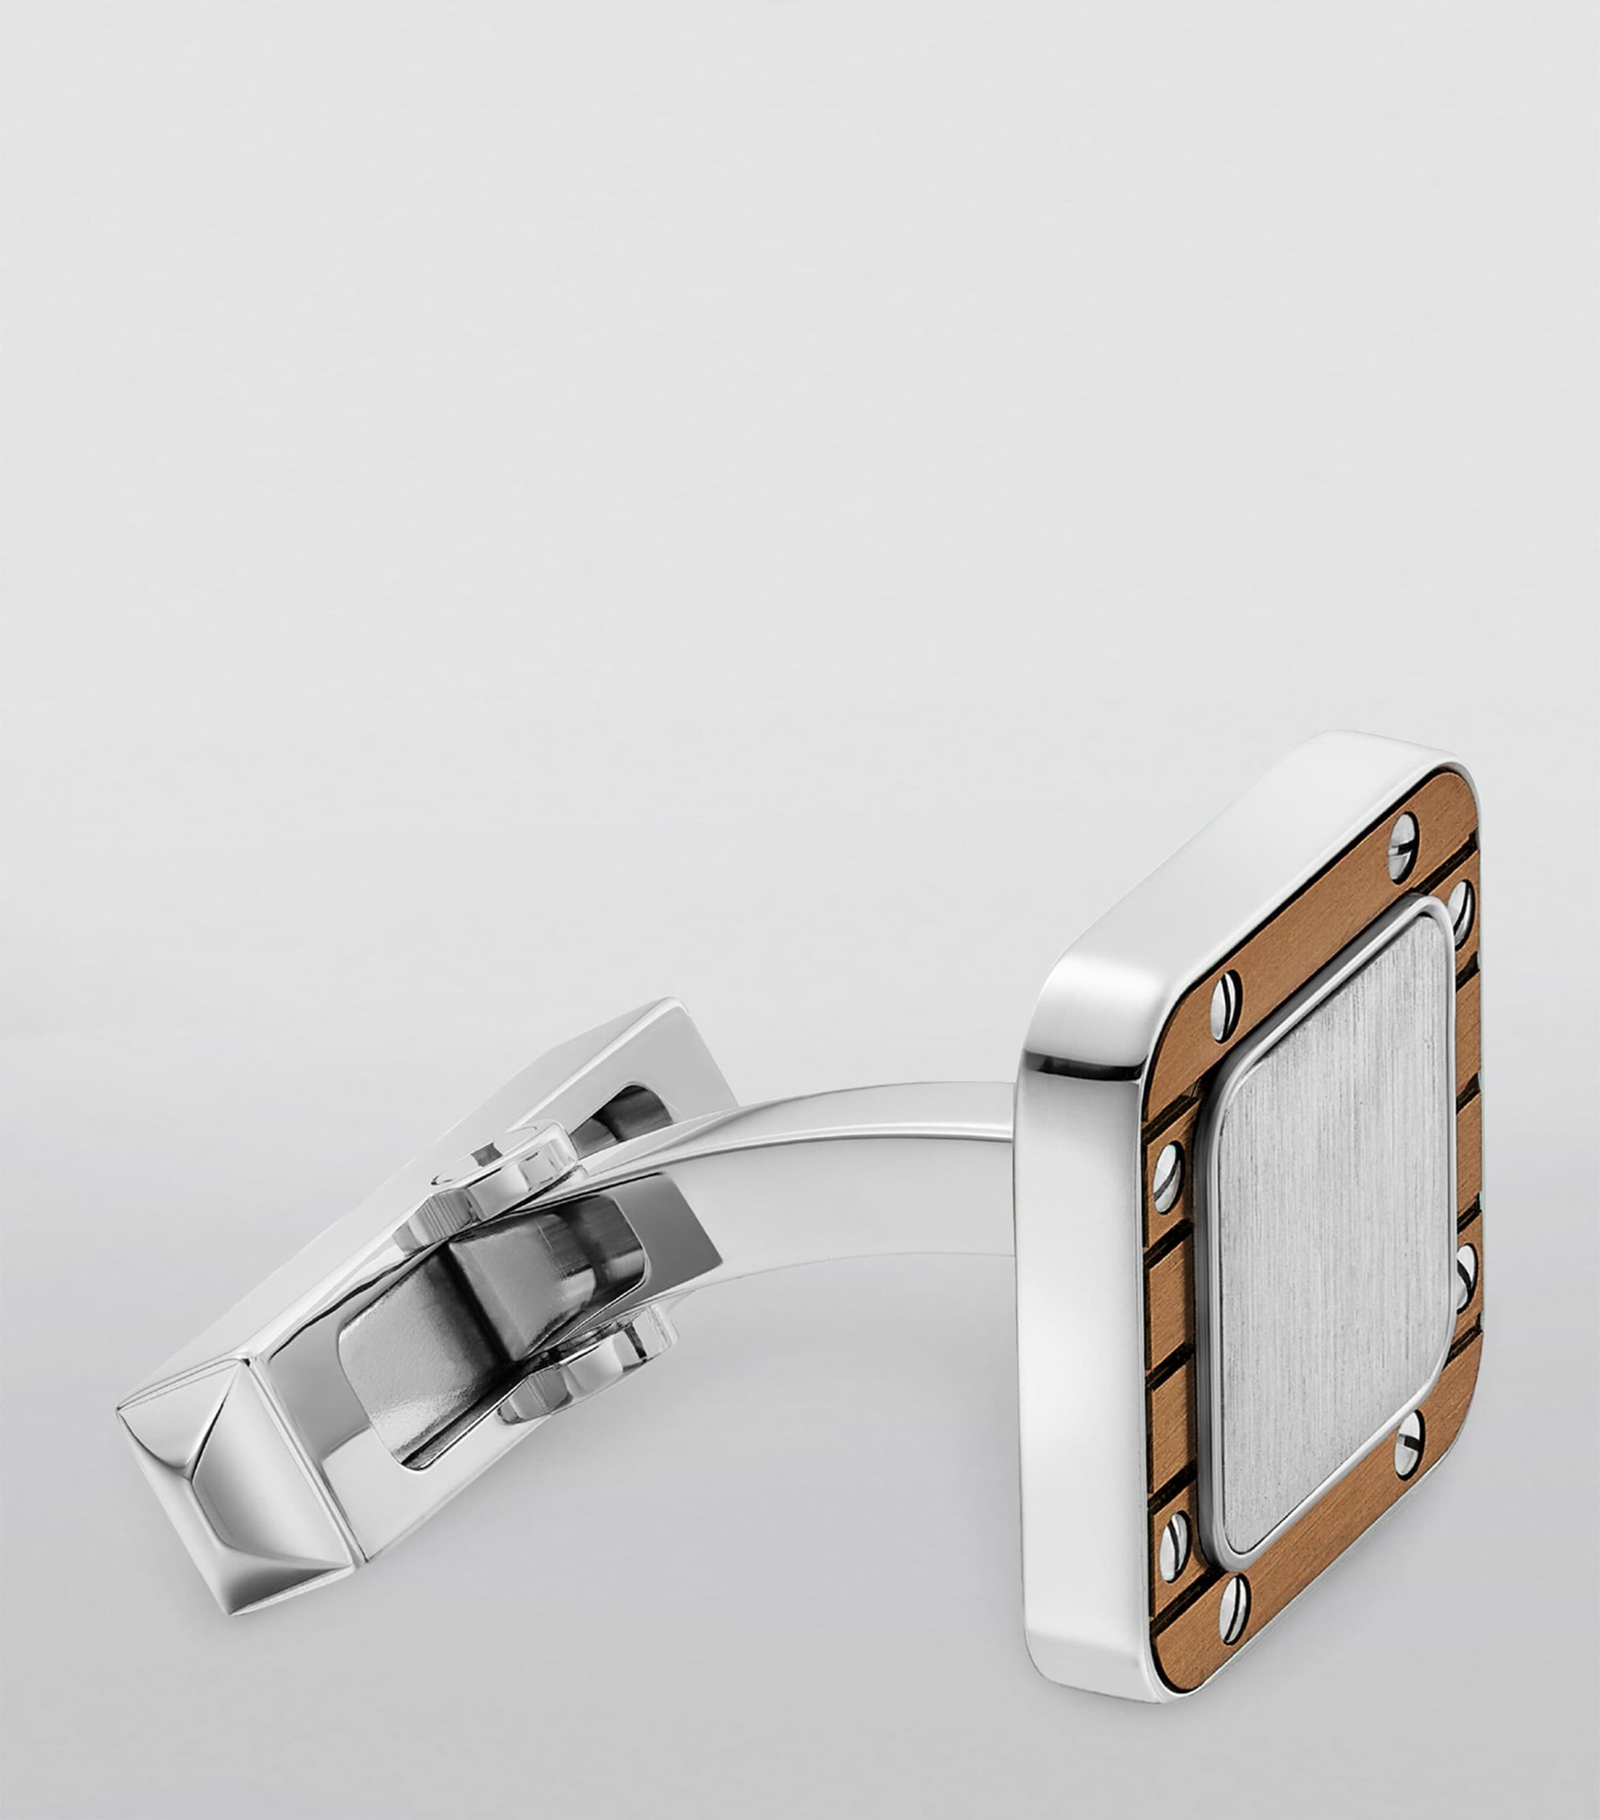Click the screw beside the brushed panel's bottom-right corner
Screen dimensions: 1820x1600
1408,1460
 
